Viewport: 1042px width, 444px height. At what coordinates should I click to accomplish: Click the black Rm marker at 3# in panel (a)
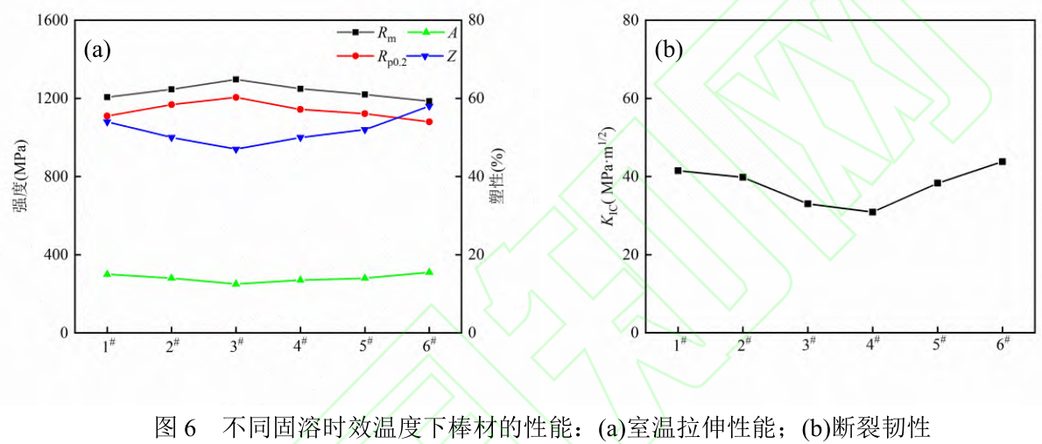pyautogui.click(x=236, y=80)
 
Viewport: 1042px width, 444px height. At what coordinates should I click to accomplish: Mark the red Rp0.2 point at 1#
pyautogui.click(x=108, y=116)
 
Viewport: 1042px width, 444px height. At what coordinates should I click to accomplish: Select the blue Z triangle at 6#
pyautogui.click(x=429, y=107)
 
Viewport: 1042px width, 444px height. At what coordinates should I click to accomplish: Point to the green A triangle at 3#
pyautogui.click(x=236, y=284)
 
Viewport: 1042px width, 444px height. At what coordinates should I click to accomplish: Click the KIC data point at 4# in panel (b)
pyautogui.click(x=872, y=212)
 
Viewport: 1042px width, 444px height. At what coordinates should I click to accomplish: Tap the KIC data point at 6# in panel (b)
pyautogui.click(x=1002, y=161)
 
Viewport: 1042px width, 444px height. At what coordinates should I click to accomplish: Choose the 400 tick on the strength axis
pyautogui.click(x=58, y=255)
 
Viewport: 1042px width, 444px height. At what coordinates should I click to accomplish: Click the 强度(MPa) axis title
pyautogui.click(x=18, y=176)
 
